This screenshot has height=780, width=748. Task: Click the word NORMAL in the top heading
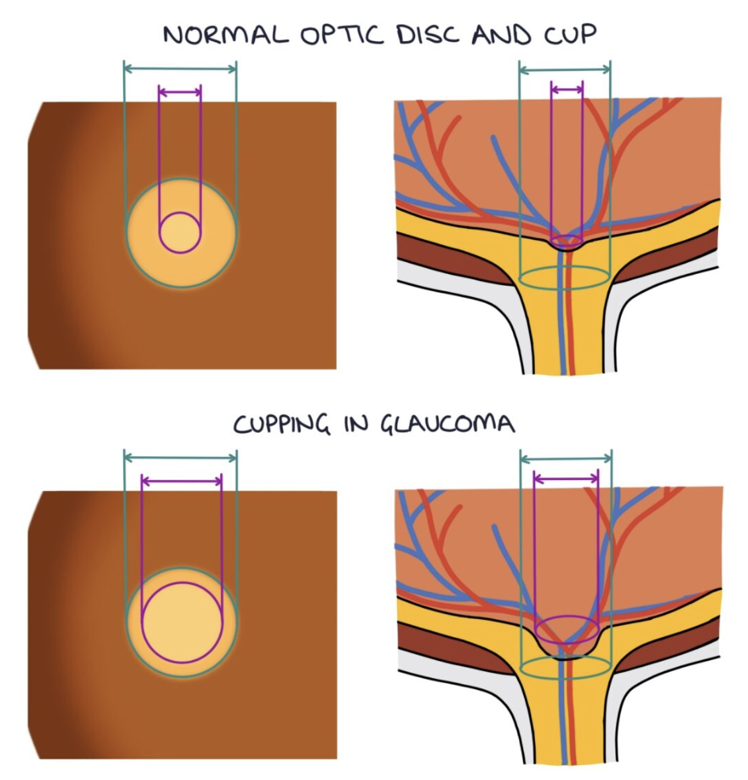(x=211, y=36)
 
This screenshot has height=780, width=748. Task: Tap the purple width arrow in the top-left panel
(x=180, y=92)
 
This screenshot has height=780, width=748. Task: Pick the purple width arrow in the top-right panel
(x=567, y=91)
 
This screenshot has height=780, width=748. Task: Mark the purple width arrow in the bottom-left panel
(x=181, y=480)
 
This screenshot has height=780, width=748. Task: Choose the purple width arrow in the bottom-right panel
(x=566, y=478)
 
